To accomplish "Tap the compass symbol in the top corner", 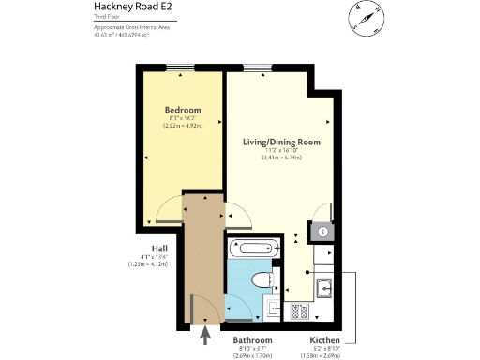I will [367, 18].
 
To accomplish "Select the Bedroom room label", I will [183, 111].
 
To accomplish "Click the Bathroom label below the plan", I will [251, 340].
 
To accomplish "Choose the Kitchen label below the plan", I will [325, 340].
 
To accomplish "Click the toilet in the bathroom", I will [263, 279].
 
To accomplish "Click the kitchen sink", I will [324, 289].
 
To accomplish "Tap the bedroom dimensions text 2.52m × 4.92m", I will [183, 126].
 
